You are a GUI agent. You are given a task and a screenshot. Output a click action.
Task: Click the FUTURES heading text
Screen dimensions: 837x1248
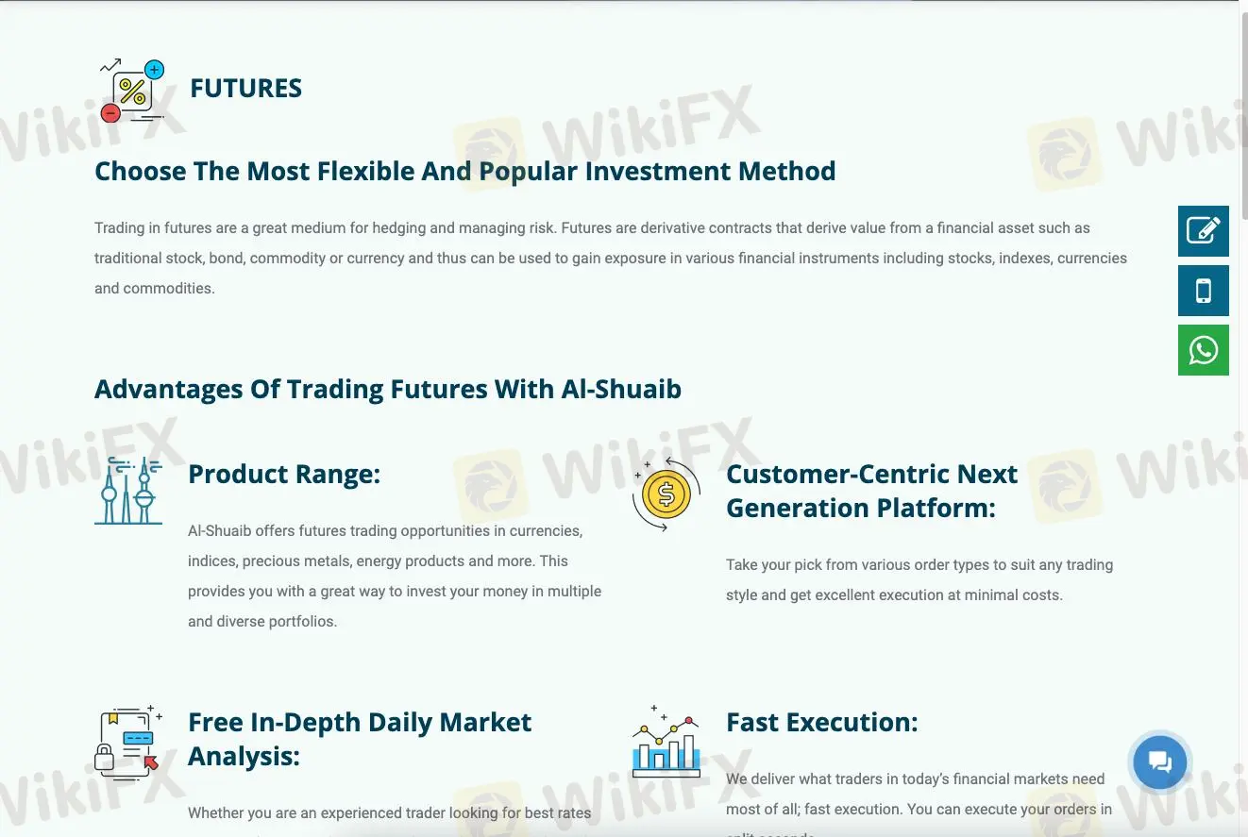click(245, 89)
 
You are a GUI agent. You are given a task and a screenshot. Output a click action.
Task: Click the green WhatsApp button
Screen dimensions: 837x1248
click(1203, 350)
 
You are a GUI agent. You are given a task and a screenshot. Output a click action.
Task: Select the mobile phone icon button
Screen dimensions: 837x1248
click(1203, 291)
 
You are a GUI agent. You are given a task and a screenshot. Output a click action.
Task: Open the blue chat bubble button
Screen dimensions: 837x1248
click(1159, 762)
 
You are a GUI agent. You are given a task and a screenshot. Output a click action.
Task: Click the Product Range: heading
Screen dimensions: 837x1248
click(283, 474)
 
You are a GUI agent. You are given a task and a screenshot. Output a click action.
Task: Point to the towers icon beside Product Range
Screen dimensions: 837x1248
click(128, 491)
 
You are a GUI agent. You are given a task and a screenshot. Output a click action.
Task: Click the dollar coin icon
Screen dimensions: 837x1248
click(666, 494)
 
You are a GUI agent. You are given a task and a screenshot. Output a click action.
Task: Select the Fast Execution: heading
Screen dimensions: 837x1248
click(821, 722)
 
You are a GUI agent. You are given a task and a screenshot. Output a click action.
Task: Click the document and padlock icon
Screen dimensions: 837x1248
click(127, 743)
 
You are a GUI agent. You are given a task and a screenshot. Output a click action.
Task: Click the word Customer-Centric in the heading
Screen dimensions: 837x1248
click(836, 474)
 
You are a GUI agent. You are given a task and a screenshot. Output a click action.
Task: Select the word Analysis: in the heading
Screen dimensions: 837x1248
click(244, 756)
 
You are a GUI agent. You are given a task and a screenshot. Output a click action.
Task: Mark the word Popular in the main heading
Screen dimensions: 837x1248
click(528, 172)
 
